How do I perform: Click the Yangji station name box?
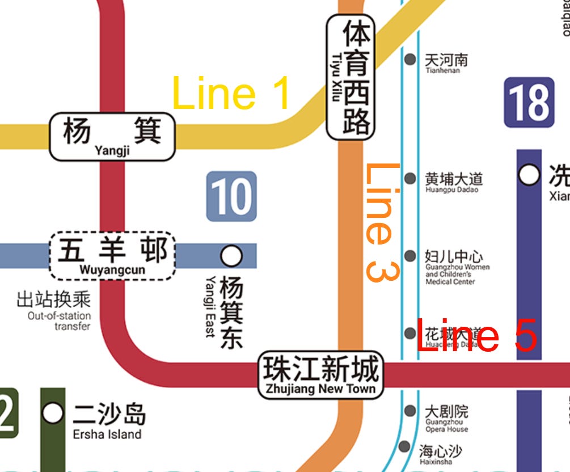(112, 136)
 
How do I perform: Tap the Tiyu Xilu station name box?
(351, 77)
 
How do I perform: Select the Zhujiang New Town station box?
(320, 375)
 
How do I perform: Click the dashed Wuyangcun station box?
(112, 255)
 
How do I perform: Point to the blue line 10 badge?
(231, 196)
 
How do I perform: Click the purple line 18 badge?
(529, 103)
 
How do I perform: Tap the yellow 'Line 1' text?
(231, 94)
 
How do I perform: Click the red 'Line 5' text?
(476, 335)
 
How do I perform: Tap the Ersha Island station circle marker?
(53, 413)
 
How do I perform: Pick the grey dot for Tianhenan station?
(409, 58)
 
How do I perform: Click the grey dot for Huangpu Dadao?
(409, 179)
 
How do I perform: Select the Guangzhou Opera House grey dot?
(409, 411)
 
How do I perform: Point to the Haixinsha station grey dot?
(404, 447)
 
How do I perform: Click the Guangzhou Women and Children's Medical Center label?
(457, 267)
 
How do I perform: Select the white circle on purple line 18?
(529, 175)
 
